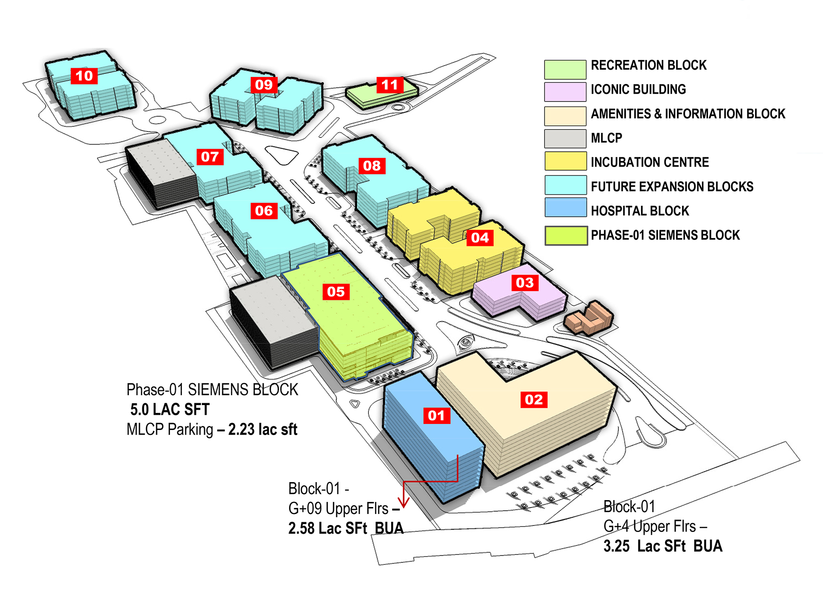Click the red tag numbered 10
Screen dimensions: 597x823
point(84,76)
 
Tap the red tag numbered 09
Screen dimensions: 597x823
point(264,85)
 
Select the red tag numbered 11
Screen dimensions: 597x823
point(390,85)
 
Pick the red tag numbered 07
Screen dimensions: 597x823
point(210,157)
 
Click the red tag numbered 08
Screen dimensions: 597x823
point(372,166)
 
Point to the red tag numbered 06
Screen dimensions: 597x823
point(264,211)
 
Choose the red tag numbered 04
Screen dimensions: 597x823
point(480,238)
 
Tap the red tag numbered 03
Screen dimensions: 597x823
point(525,282)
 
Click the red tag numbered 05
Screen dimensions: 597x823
point(336,292)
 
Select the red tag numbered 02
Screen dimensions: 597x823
point(534,400)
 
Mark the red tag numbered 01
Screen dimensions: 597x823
point(436,416)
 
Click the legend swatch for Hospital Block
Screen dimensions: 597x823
point(565,208)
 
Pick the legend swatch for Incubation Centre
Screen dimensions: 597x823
point(565,161)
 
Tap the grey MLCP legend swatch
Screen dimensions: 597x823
point(565,138)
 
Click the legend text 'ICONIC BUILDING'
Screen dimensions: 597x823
point(638,90)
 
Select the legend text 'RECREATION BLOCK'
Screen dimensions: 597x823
point(648,65)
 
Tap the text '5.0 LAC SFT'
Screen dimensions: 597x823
point(170,409)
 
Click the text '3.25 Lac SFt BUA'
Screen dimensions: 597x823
point(663,546)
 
